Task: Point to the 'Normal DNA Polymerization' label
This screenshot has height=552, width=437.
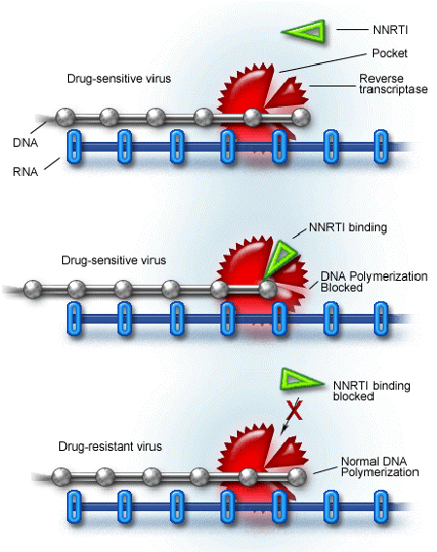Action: click(379, 466)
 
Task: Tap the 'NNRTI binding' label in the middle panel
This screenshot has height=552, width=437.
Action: click(348, 227)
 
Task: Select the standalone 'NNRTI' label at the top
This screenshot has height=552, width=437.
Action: click(368, 30)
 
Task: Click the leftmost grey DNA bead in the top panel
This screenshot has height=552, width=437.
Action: click(65, 119)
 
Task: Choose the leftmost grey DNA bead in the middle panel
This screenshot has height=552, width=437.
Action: click(33, 288)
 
